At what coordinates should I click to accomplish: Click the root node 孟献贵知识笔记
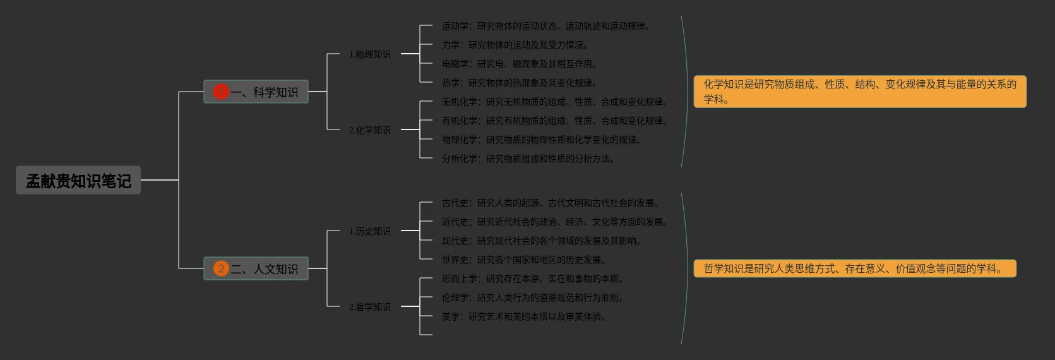[x=78, y=181]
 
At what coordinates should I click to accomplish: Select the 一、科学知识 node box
[x=256, y=92]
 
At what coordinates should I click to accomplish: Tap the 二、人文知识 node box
[x=256, y=268]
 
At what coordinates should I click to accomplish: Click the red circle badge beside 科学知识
[x=220, y=92]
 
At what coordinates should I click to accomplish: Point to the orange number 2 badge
[x=220, y=268]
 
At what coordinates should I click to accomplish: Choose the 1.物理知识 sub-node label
[x=370, y=54]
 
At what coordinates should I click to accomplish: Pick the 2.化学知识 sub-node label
[x=370, y=130]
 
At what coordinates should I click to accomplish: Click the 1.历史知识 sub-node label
[x=370, y=231]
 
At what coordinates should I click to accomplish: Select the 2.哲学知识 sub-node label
[x=370, y=307]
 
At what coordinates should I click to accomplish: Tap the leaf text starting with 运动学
[x=545, y=26]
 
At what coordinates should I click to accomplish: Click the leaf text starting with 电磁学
[x=519, y=64]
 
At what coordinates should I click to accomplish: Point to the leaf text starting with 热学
[x=519, y=83]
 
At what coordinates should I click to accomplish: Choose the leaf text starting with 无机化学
[x=554, y=102]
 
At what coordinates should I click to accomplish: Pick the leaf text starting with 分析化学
[x=528, y=159]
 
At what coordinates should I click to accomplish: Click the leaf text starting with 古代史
[x=550, y=203]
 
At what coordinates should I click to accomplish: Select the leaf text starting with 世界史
[x=523, y=260]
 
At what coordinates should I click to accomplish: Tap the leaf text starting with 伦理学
[x=532, y=297]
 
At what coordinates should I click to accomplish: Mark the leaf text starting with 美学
[x=523, y=316]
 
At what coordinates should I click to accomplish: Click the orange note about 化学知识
[x=860, y=92]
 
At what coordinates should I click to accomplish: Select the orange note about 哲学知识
[x=855, y=268]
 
